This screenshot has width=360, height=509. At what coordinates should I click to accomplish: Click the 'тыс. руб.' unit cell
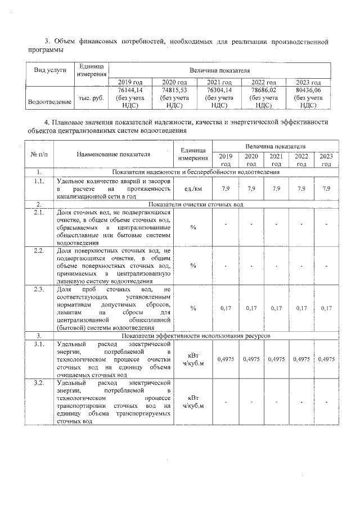click(91, 97)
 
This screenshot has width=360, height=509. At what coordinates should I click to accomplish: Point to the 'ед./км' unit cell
click(193, 188)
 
